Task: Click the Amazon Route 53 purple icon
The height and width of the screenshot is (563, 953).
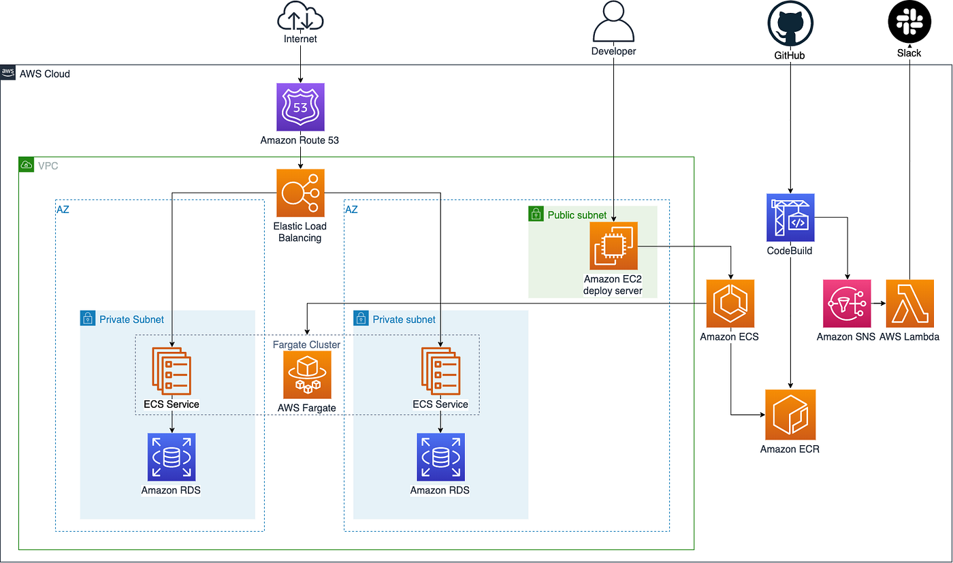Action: point(300,107)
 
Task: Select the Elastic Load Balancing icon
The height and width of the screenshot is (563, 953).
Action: point(300,193)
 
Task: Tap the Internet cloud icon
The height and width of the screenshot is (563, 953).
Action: point(300,16)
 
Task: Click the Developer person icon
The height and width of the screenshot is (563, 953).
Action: point(613,22)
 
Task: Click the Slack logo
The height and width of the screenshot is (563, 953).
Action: point(909,22)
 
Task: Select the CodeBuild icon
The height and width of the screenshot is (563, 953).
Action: point(790,218)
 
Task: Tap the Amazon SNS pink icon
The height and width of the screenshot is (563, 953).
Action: point(847,304)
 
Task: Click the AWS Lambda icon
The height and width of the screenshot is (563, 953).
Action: point(909,304)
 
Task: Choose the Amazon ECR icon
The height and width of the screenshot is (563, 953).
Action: point(790,415)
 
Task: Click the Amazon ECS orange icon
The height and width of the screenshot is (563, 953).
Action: point(730,304)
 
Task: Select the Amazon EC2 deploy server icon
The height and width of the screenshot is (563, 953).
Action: point(613,246)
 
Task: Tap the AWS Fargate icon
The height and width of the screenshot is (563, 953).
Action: point(307,374)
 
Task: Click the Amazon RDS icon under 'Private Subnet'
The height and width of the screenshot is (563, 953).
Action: point(171,457)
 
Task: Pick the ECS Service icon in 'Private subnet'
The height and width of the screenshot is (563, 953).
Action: point(440,371)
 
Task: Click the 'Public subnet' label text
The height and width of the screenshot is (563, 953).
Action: point(577,215)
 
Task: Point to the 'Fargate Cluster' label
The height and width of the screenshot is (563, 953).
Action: point(306,344)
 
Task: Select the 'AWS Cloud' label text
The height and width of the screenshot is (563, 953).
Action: point(44,74)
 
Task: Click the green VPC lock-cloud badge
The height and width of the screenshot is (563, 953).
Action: point(26,165)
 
